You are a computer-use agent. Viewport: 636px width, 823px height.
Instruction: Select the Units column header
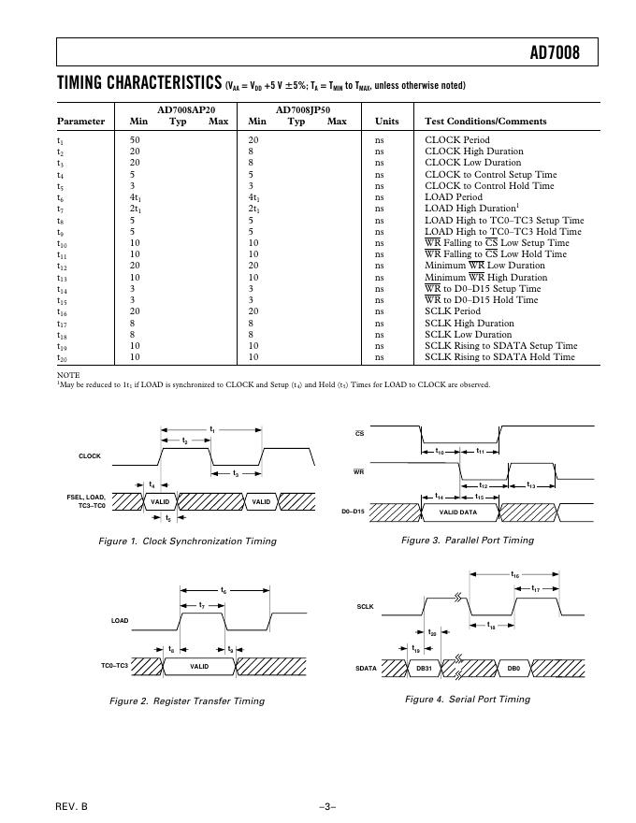pos(386,122)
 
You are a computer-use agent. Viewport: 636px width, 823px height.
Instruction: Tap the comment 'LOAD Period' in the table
pos(454,197)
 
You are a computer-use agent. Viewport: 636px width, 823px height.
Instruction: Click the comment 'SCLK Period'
pos(453,311)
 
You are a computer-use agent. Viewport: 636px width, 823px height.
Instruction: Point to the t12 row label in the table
pos(62,267)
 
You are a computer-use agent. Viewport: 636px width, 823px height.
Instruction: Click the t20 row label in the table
pos(62,358)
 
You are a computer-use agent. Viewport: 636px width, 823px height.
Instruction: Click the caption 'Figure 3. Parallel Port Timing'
pos(468,541)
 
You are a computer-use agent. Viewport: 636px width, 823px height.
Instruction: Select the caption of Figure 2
pos(187,700)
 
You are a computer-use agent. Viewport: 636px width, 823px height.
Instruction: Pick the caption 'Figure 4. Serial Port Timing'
pos(468,700)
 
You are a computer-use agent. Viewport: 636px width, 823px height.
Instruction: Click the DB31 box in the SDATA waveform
pos(423,669)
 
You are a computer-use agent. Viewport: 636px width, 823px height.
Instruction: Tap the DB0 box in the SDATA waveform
pos(513,669)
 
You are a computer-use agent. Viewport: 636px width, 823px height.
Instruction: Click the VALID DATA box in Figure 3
pos(458,513)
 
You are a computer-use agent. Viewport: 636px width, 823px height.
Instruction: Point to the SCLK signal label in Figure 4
pos(365,607)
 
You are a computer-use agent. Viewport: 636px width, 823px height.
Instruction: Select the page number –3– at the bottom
pos(326,804)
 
